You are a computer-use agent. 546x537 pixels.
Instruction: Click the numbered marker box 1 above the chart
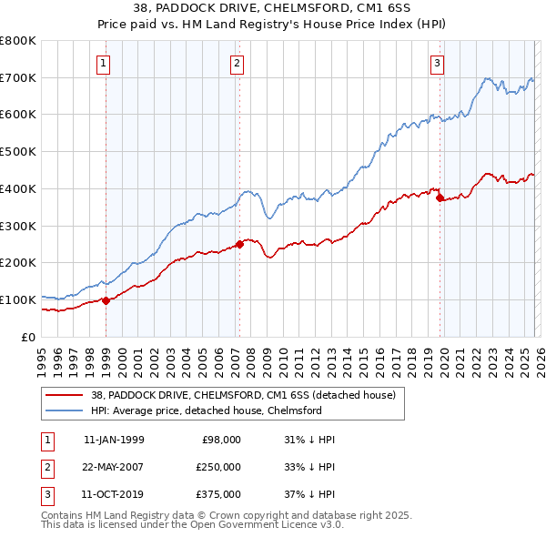click(x=104, y=63)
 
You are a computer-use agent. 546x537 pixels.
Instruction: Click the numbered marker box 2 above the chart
click(x=237, y=63)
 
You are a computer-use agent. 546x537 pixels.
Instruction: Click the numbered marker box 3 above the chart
click(x=438, y=63)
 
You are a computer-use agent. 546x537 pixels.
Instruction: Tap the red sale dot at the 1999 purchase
click(x=106, y=299)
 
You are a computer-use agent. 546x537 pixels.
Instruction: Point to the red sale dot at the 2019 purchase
click(x=440, y=197)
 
